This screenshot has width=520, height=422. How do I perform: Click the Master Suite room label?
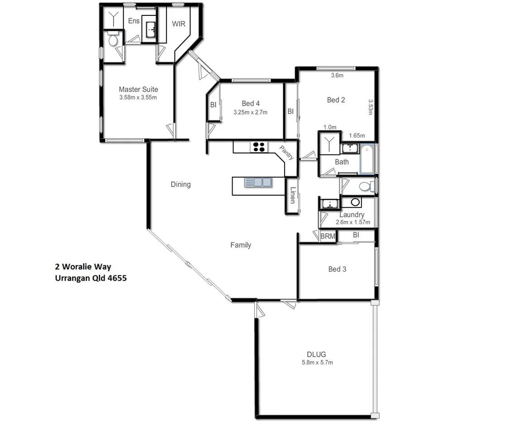pyautogui.click(x=138, y=90)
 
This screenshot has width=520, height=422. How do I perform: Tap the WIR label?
pyautogui.click(x=178, y=24)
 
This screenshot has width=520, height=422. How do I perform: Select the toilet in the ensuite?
pyautogui.click(x=113, y=41)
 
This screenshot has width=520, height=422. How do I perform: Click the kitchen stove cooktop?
pyautogui.click(x=259, y=147)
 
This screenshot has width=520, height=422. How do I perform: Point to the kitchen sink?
pyautogui.click(x=258, y=182)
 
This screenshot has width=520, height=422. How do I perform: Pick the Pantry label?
pyautogui.click(x=287, y=153)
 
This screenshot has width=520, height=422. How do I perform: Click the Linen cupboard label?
pyautogui.click(x=293, y=195)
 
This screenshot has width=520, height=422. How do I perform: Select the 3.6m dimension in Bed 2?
pyautogui.click(x=337, y=76)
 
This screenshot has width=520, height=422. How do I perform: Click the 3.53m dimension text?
pyautogui.click(x=370, y=107)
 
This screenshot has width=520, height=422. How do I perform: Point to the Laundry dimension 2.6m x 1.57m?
pyautogui.click(x=353, y=222)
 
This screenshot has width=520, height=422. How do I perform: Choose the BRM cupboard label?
pyautogui.click(x=328, y=236)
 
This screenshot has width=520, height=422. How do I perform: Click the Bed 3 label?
pyautogui.click(x=337, y=269)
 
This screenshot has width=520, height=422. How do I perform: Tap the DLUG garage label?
pyautogui.click(x=316, y=355)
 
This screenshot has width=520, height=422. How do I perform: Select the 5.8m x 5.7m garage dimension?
pyautogui.click(x=317, y=362)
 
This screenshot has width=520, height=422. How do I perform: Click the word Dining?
pyautogui.click(x=181, y=184)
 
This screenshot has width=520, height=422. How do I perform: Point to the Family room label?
pyautogui.click(x=240, y=245)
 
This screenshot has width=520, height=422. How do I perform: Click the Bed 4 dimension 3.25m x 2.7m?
pyautogui.click(x=250, y=112)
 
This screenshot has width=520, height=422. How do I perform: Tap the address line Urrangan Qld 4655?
pyautogui.click(x=91, y=278)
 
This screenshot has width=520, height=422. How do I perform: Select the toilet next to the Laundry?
pyautogui.click(x=365, y=186)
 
